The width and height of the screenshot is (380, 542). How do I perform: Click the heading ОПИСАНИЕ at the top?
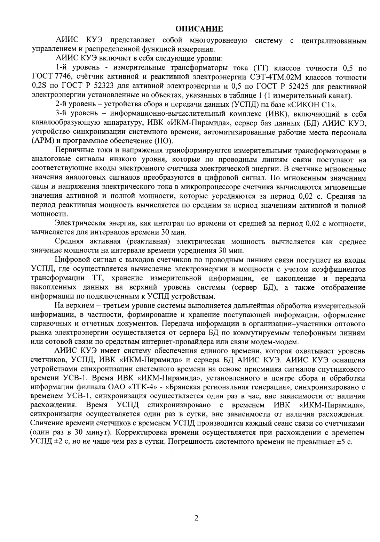click(198, 28)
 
